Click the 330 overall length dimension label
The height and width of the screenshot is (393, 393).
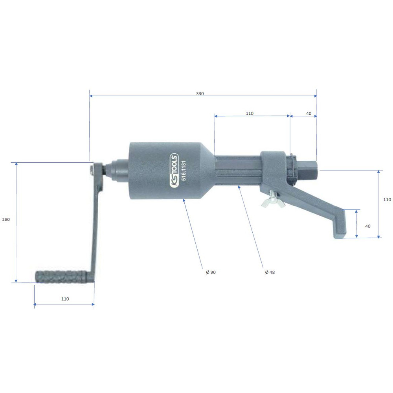200,94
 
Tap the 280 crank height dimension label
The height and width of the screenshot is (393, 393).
6,220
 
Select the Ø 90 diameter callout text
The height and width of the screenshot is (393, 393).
211,272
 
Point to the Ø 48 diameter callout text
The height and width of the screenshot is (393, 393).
270,272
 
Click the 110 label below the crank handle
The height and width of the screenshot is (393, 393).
65,299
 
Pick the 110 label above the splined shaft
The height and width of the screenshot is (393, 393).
250,114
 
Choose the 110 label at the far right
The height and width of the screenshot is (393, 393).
387,200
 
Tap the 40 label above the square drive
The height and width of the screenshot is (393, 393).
309,114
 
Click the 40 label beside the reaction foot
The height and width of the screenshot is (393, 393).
368,226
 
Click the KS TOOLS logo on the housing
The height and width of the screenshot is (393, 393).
174,171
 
